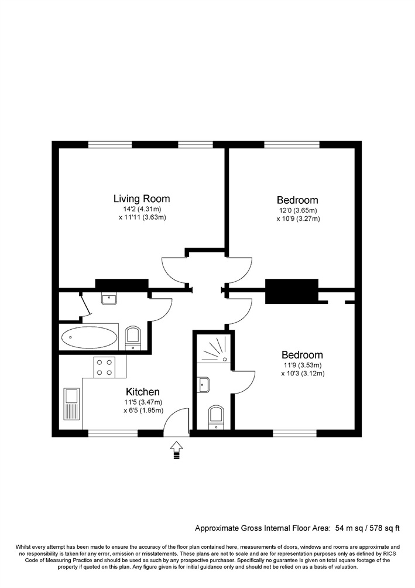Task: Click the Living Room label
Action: point(142,199)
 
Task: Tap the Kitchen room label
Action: point(143,392)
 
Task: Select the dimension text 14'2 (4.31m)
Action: point(142,209)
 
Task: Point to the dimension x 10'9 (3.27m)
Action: point(299,219)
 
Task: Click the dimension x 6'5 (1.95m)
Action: point(143,411)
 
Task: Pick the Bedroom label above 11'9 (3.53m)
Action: point(302,355)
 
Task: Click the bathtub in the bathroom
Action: point(89,337)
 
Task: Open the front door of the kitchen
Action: point(176,421)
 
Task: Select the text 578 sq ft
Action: point(383,527)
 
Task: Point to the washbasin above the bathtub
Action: point(108,299)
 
